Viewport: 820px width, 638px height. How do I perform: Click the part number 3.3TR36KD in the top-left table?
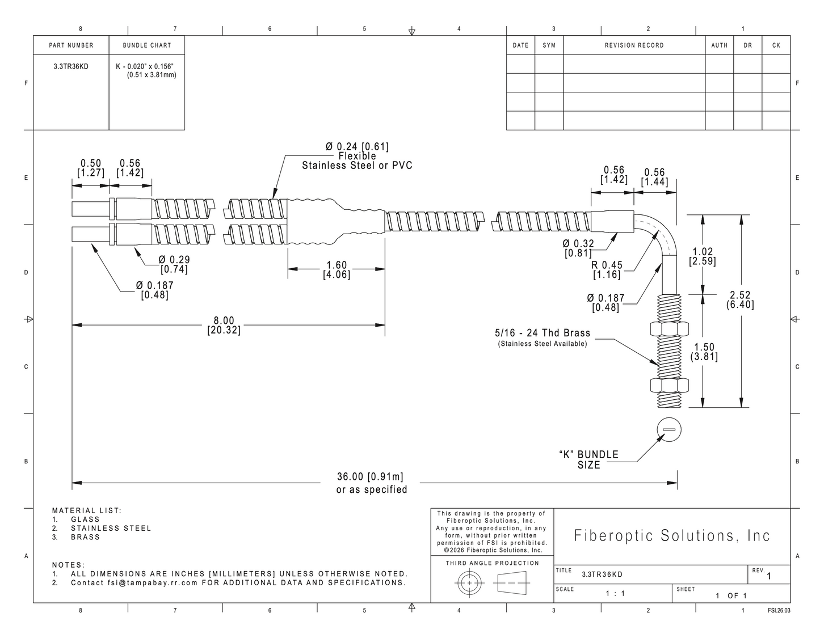click(x=71, y=66)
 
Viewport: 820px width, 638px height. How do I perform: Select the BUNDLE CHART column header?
click(x=147, y=45)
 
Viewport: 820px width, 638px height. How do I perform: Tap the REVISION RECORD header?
click(x=634, y=45)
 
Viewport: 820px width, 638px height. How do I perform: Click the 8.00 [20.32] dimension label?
click(x=224, y=326)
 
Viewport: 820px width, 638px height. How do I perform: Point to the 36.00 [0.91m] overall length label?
click(x=370, y=476)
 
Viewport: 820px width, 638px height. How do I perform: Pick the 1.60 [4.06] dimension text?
click(x=337, y=269)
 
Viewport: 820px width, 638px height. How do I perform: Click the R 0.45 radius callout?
click(x=607, y=269)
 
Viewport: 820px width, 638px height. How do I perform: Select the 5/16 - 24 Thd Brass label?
click(x=543, y=333)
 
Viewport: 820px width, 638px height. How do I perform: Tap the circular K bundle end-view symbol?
click(x=669, y=429)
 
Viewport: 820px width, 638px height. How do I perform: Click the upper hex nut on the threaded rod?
click(x=670, y=329)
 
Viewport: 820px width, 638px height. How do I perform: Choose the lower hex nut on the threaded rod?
click(x=670, y=386)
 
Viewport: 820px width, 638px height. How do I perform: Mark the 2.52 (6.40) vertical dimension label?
click(x=741, y=300)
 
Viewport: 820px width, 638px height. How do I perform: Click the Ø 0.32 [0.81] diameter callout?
click(x=578, y=248)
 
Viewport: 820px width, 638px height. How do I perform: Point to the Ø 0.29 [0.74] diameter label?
click(x=174, y=264)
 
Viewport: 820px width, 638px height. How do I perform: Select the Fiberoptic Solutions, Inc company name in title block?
click(x=672, y=535)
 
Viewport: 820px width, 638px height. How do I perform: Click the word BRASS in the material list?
click(x=85, y=537)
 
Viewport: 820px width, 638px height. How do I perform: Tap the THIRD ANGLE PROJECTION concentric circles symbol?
click(x=469, y=582)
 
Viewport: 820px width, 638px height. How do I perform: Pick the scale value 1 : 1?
click(x=616, y=594)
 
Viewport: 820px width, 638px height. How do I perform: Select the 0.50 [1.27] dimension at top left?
click(x=91, y=168)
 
